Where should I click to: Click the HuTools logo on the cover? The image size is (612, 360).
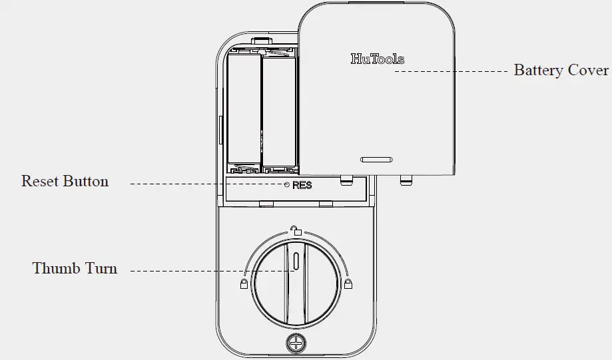377,59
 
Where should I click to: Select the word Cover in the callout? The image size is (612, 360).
588,71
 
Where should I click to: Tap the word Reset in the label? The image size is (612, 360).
41,181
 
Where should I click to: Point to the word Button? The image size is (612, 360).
86,181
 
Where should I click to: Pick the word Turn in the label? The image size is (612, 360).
101,269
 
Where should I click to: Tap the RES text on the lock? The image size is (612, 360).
302,186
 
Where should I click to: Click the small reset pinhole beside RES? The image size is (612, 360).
287,185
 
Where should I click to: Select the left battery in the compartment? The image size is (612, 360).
244,110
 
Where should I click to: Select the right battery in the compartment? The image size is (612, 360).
278,110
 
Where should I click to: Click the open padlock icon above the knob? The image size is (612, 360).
296,231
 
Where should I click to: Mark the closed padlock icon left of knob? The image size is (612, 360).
243,284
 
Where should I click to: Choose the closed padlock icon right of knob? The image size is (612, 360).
348,284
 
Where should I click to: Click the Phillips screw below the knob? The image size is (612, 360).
294,343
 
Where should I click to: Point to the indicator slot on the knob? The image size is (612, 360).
294,262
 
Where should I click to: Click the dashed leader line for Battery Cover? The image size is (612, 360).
453,70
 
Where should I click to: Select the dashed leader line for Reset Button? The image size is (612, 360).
206,183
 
